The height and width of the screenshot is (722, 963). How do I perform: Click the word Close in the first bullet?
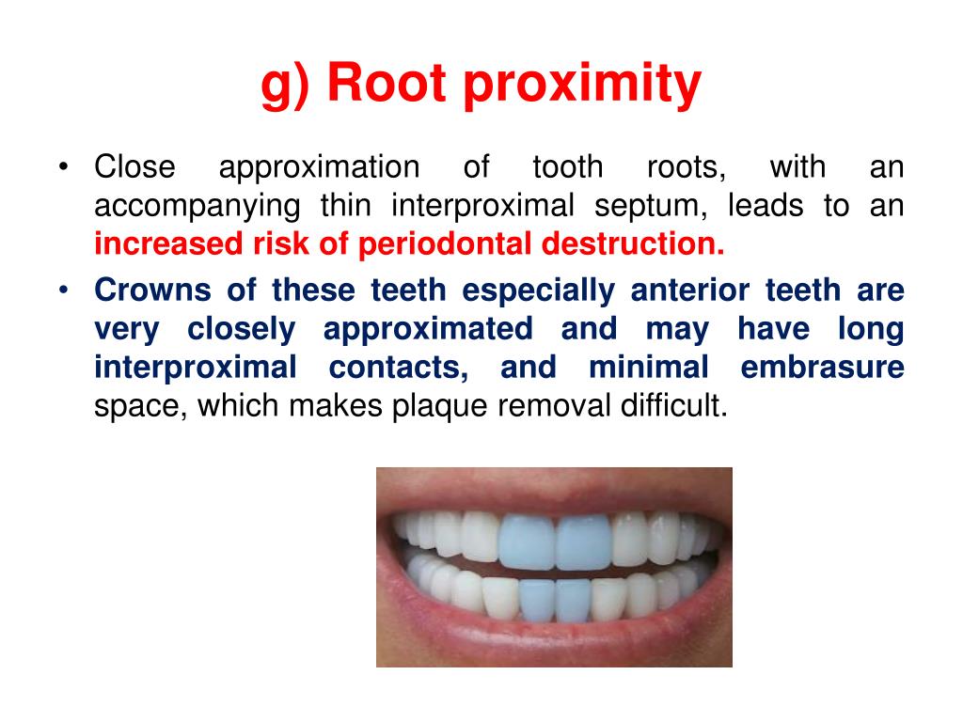(134, 167)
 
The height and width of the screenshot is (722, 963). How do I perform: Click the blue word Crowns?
(153, 290)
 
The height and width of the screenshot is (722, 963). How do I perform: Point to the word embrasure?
(822, 368)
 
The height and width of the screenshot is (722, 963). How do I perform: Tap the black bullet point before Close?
(63, 168)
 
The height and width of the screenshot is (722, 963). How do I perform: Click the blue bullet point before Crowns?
(63, 290)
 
